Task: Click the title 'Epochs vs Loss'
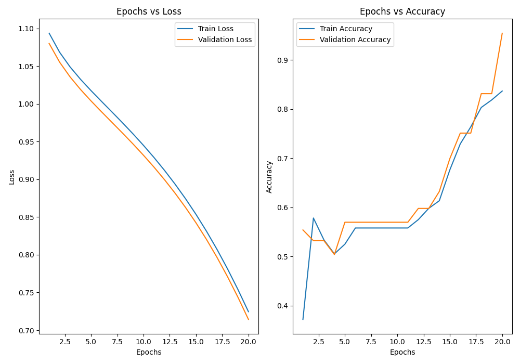(149, 11)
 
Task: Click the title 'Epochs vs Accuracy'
(402, 11)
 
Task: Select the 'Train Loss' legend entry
(215, 29)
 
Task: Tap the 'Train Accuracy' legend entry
(346, 29)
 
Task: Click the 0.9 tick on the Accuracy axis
(283, 60)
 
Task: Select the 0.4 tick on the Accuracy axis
(283, 306)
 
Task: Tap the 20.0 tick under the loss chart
(249, 342)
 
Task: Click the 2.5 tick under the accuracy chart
(318, 342)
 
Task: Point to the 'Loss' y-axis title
(12, 177)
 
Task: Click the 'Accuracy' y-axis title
(269, 177)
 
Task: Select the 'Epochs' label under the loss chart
(149, 353)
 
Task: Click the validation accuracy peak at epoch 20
(502, 33)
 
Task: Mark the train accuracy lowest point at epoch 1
(303, 319)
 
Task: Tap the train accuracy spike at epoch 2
(313, 218)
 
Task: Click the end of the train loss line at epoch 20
(249, 312)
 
